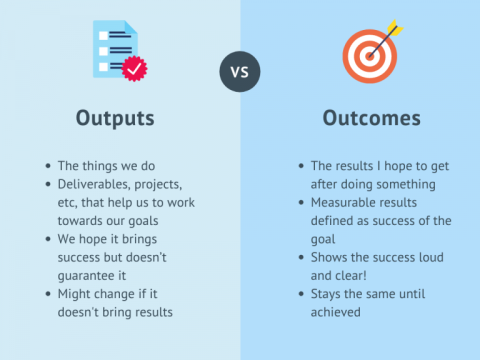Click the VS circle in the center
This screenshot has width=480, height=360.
point(239,72)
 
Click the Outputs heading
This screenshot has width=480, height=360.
point(115,118)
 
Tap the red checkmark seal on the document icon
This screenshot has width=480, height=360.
point(133,68)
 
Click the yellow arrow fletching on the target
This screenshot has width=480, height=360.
point(391,27)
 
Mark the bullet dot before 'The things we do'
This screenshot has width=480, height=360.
point(48,165)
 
